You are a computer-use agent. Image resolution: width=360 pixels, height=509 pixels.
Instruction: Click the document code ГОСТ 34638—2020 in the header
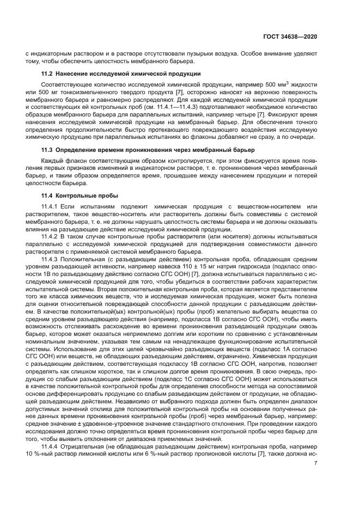[x=289, y=36]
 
